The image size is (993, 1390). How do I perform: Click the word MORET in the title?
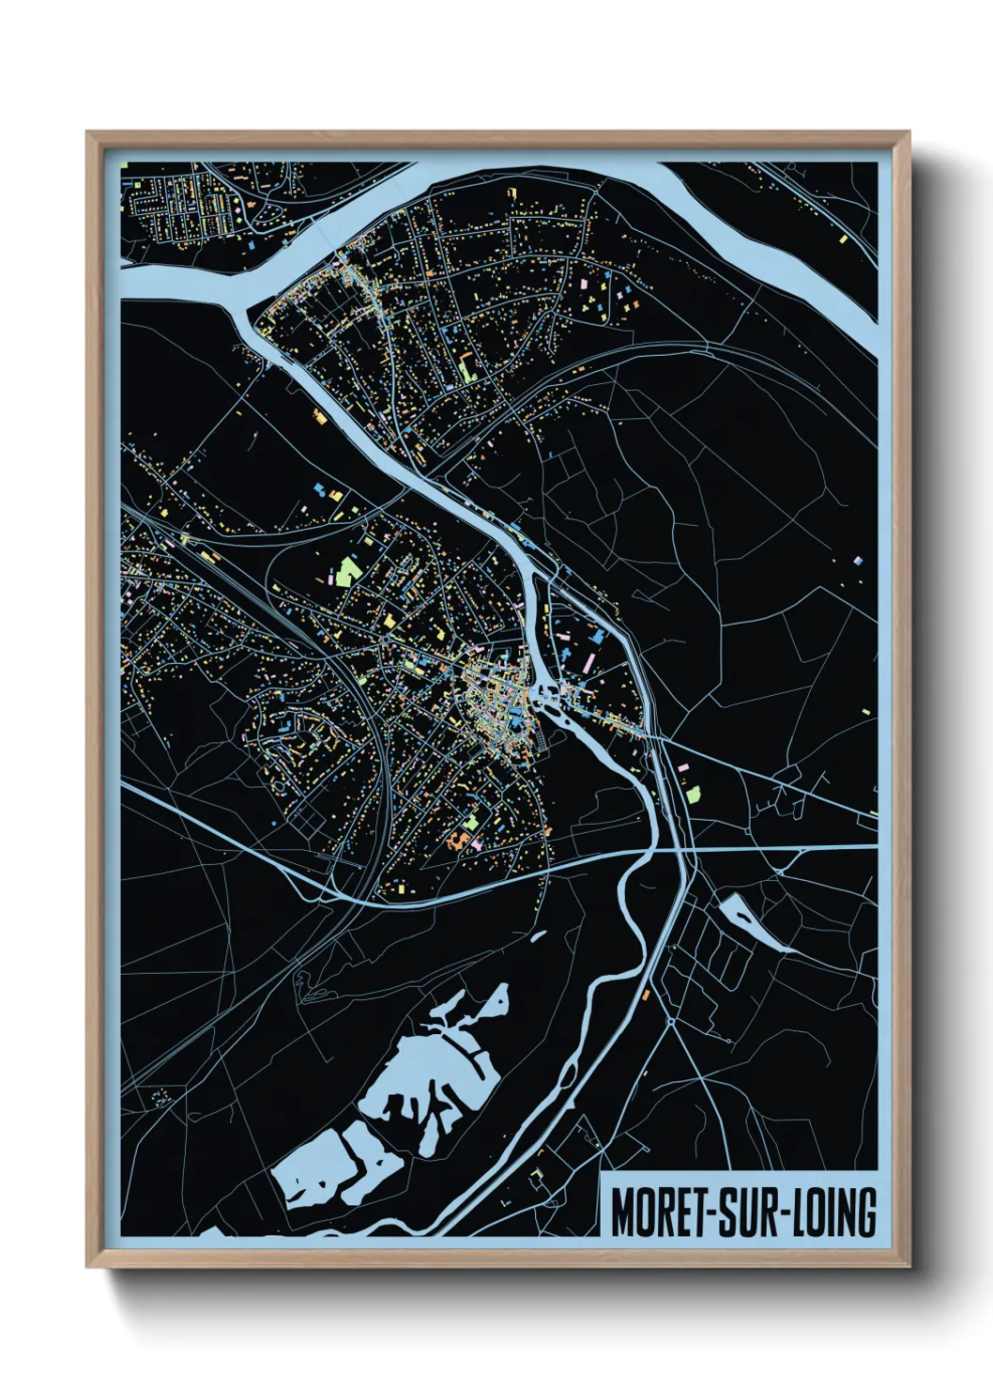657,1212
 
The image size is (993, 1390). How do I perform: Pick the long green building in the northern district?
466,368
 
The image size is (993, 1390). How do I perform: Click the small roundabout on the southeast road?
672,1022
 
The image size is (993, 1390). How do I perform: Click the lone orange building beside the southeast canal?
646,994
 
